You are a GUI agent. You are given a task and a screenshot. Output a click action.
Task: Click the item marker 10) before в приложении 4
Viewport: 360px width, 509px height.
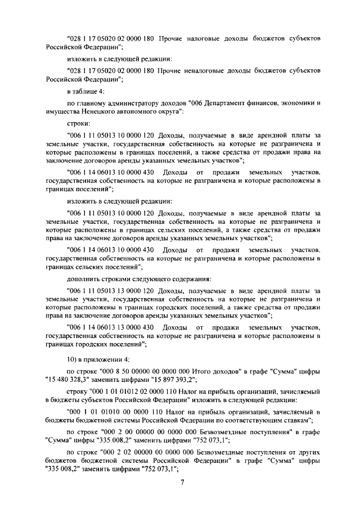tap(73, 358)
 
